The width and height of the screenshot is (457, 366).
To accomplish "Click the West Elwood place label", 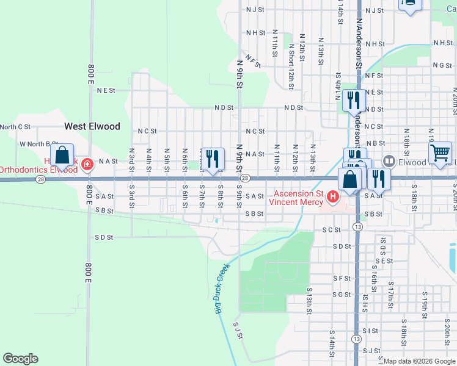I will pyautogui.click(x=92, y=126).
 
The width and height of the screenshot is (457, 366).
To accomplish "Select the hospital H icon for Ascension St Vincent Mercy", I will pyautogui.click(x=333, y=197).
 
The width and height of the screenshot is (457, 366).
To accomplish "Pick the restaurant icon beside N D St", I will pyautogui.click(x=354, y=100).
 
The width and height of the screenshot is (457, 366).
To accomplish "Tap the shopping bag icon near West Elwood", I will pyautogui.click(x=62, y=156).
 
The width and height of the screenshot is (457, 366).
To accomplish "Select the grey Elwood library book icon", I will pyautogui.click(x=389, y=162).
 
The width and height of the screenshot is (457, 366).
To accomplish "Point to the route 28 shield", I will pyautogui.click(x=244, y=178).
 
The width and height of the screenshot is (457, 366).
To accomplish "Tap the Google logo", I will pyautogui.click(x=20, y=359).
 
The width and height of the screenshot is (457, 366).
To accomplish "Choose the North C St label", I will pyautogui.click(x=15, y=127).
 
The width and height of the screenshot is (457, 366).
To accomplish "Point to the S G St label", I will pyautogui.click(x=342, y=295).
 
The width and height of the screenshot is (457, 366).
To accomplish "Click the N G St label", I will pyautogui.click(x=442, y=65).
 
